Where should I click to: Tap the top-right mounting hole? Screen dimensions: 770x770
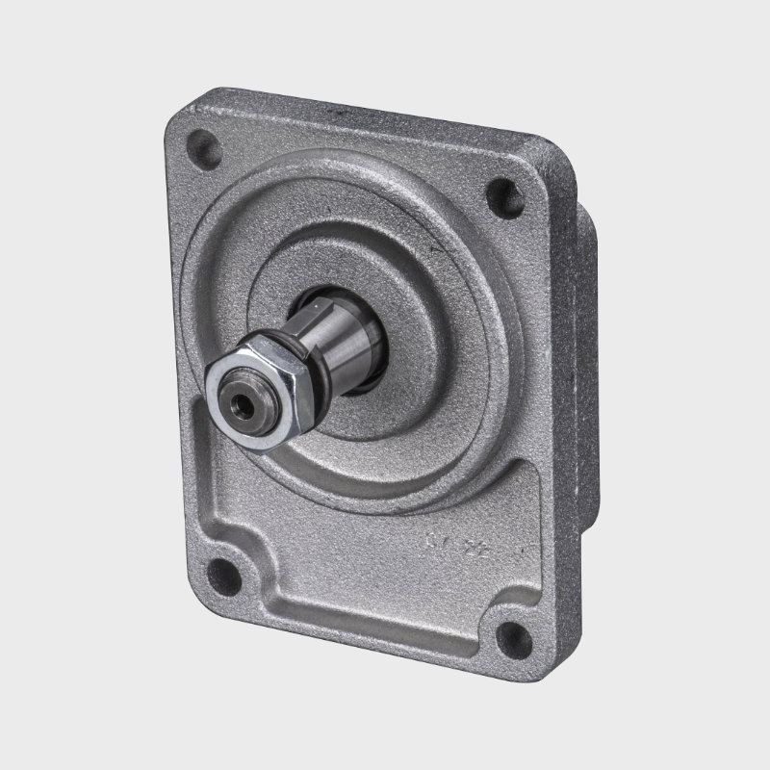coord(502,197)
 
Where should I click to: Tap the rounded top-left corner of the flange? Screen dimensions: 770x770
coord(178,120)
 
